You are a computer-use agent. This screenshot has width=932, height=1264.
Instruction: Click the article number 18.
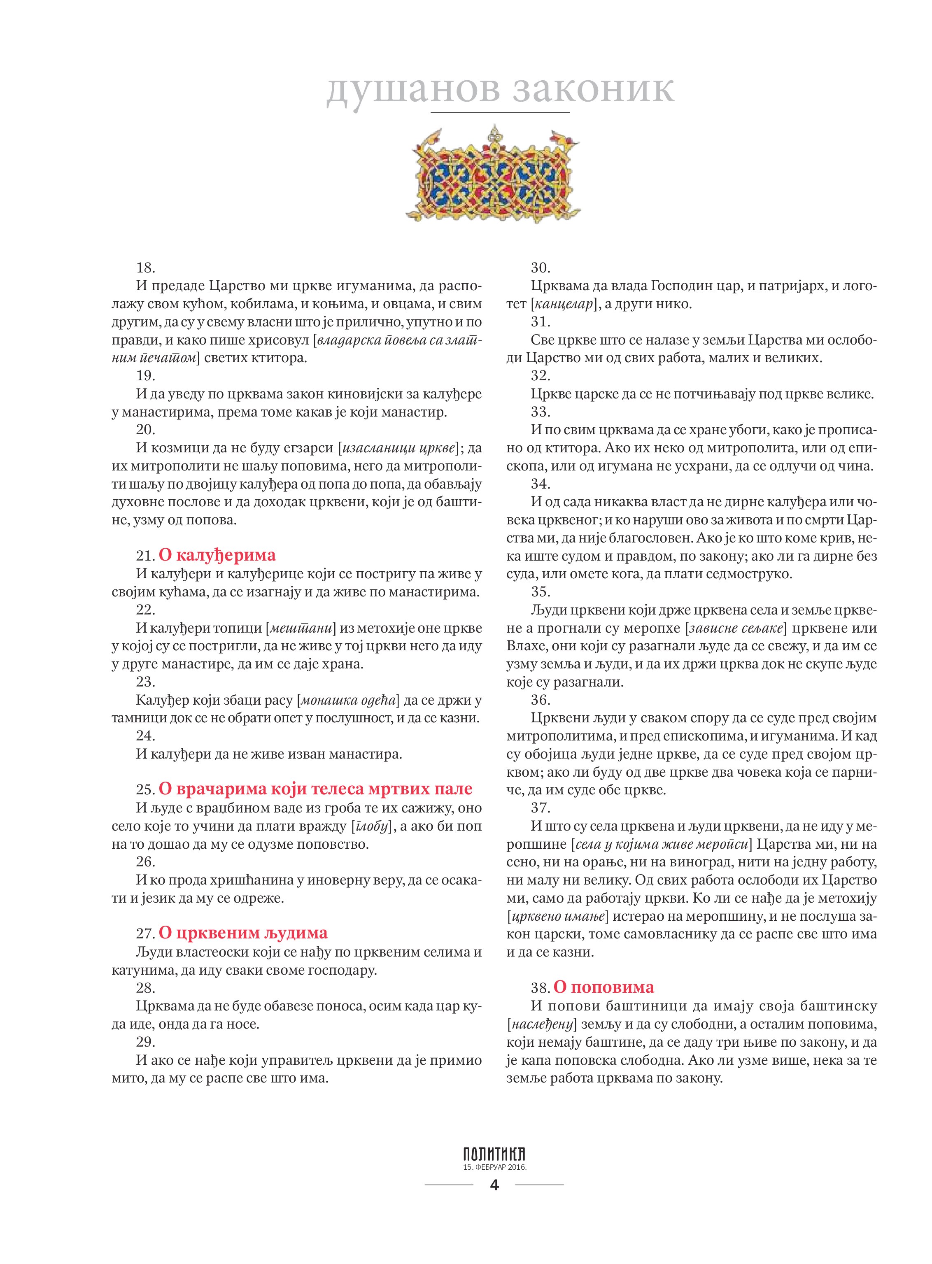[146, 268]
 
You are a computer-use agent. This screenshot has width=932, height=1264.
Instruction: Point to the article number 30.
[541, 268]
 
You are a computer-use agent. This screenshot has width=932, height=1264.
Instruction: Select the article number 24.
[146, 736]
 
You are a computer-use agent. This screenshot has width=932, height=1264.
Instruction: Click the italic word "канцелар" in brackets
[564, 304]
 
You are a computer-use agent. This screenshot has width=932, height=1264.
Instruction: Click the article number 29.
[146, 1041]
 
